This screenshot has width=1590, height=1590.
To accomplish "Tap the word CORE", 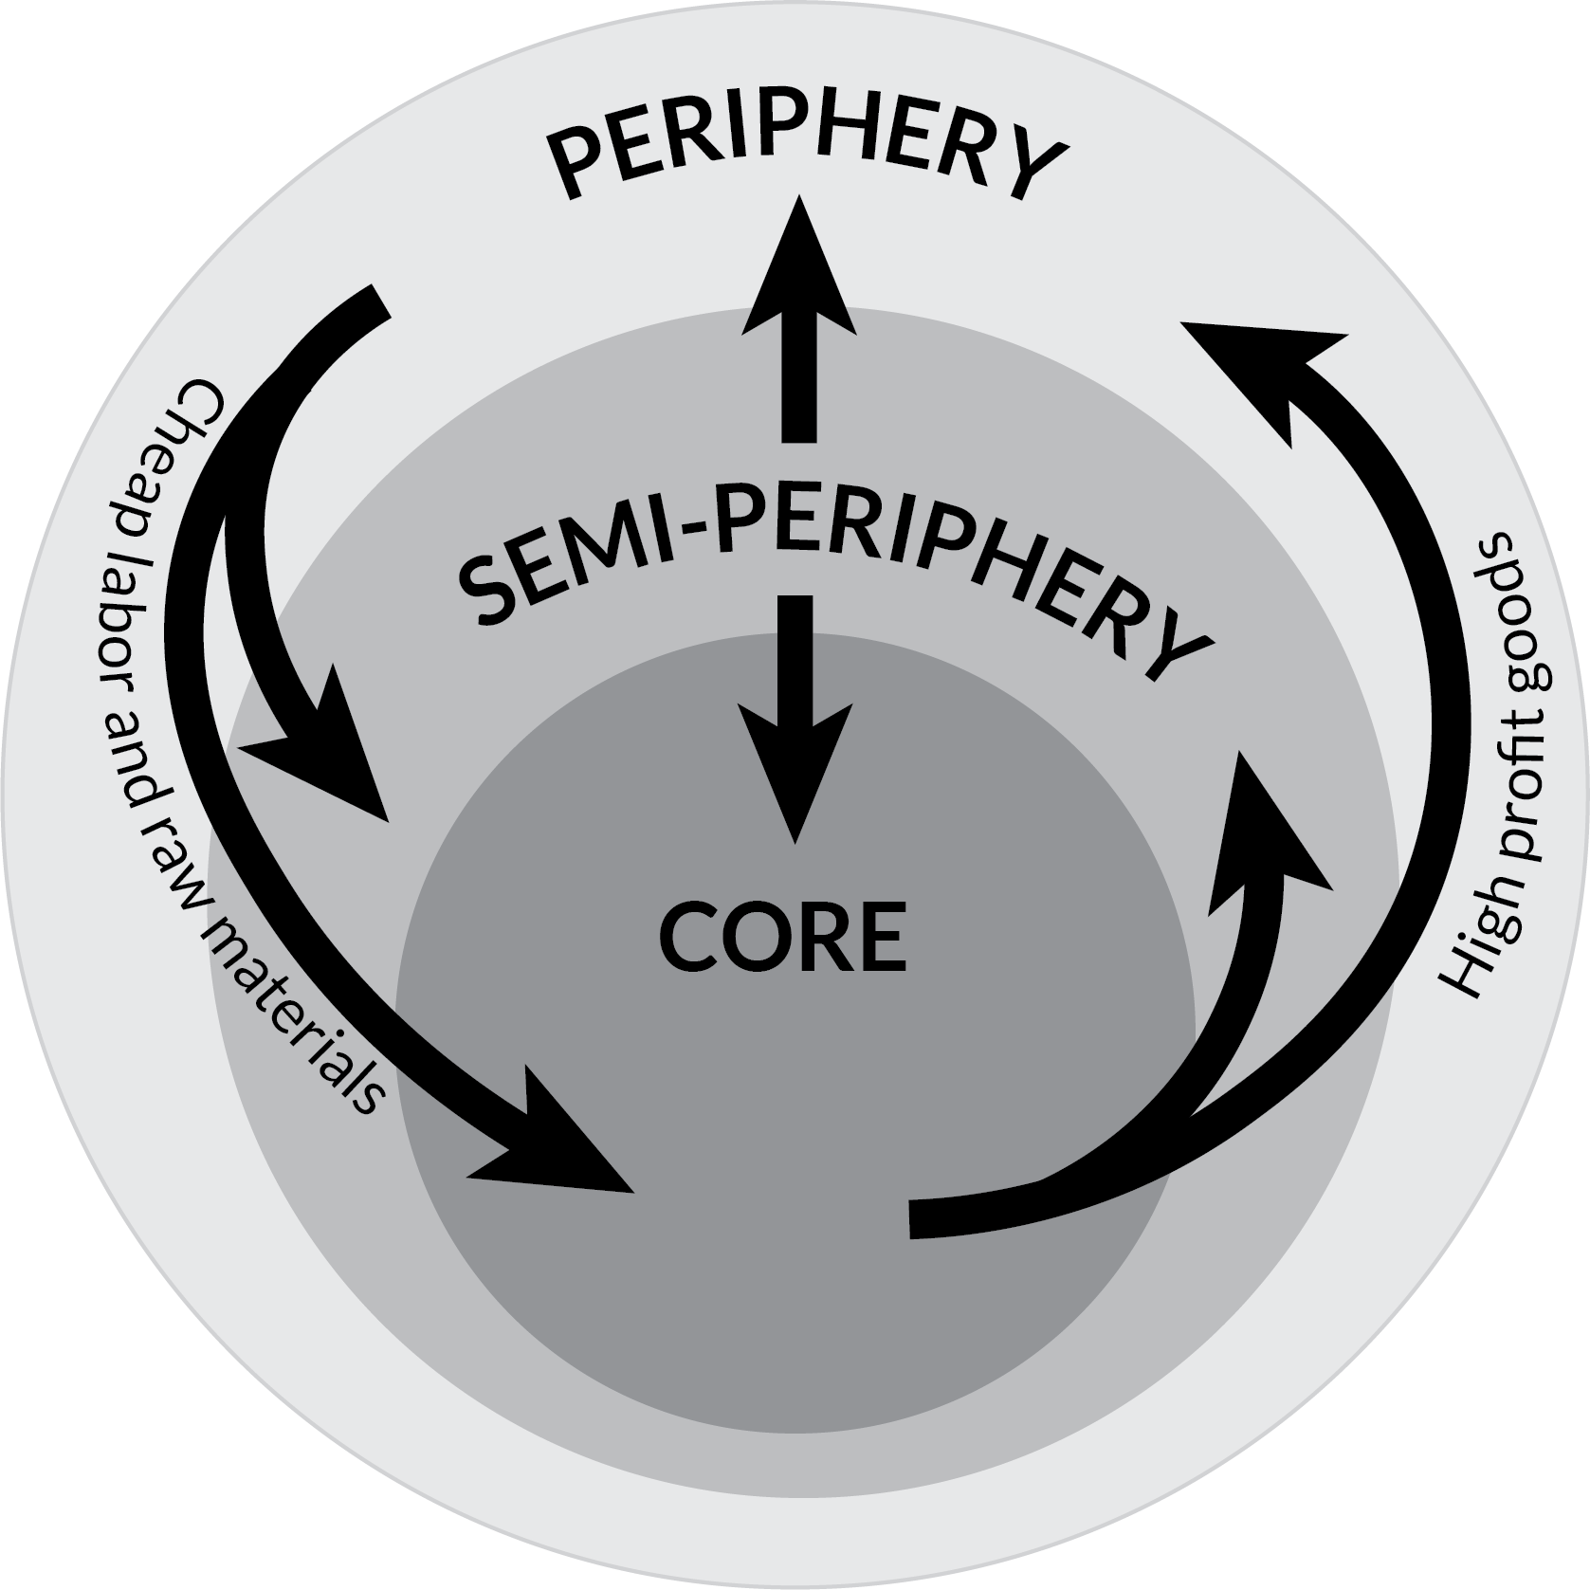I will pyautogui.click(x=783, y=937).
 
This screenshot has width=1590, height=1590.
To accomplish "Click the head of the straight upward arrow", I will pyautogui.click(x=798, y=265).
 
